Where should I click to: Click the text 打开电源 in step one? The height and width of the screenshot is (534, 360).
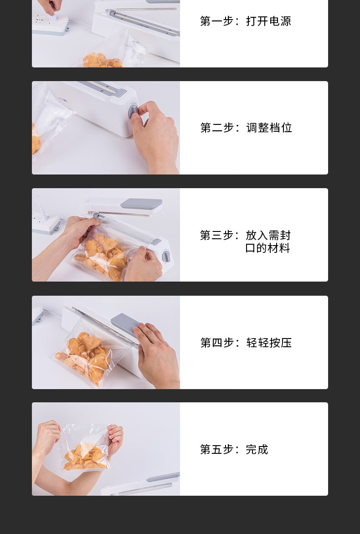[268, 21]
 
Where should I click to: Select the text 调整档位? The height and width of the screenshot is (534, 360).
[269, 128]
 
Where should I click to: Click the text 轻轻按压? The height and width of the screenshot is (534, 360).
[269, 343]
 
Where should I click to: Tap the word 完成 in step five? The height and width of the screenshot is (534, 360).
[257, 450]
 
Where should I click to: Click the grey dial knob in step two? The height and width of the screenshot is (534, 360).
[133, 111]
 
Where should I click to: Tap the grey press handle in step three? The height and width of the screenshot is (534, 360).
[141, 204]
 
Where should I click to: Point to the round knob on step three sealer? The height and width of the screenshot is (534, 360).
[166, 256]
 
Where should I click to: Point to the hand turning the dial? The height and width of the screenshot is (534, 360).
[155, 136]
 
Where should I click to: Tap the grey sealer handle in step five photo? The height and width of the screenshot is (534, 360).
[163, 477]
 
